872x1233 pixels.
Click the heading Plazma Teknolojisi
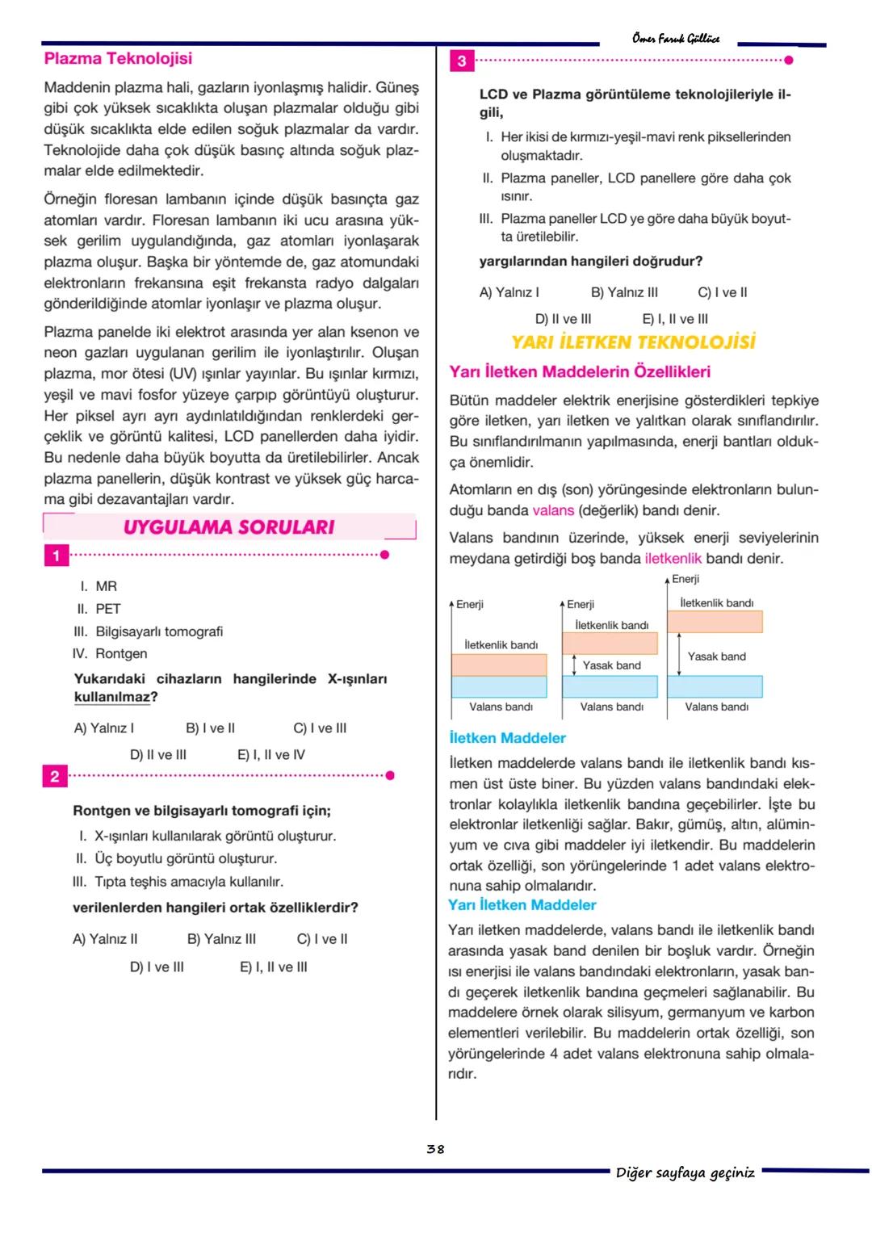(118, 59)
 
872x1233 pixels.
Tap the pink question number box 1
(56, 556)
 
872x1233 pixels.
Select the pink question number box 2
(55, 777)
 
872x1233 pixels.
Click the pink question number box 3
(462, 61)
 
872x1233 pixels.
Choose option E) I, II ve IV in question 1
(270, 755)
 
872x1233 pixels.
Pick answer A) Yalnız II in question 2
(105, 939)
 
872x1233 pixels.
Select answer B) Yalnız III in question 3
(624, 292)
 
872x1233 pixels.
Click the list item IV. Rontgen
(110, 654)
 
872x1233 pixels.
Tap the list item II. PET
(99, 609)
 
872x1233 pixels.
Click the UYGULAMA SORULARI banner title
(228, 527)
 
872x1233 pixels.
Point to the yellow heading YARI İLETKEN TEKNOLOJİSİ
(633, 342)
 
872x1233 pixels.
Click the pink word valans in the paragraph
(553, 510)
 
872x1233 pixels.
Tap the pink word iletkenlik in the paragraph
(673, 559)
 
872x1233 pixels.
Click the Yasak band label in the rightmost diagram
(716, 656)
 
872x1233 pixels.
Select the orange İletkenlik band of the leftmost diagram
(499, 665)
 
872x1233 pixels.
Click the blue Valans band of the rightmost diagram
(715, 686)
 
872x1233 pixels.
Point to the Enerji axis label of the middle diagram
(580, 604)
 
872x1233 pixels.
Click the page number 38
(435, 1149)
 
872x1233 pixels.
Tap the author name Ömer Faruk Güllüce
(676, 38)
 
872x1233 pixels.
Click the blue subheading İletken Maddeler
(507, 738)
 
